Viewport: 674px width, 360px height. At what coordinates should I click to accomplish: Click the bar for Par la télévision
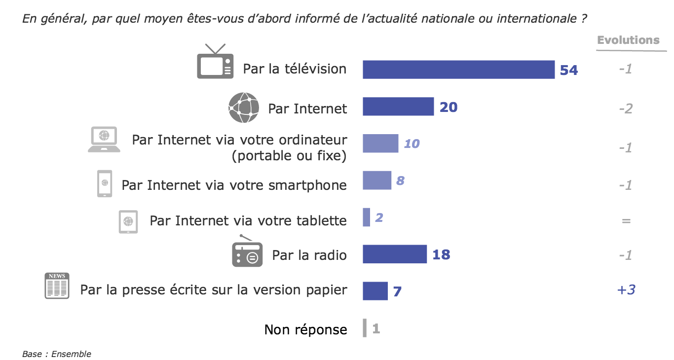click(458, 70)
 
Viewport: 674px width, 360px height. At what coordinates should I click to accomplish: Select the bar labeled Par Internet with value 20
click(398, 107)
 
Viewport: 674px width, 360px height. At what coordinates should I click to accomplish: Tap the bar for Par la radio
click(395, 254)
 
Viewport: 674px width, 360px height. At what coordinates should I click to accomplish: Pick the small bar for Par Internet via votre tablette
click(366, 217)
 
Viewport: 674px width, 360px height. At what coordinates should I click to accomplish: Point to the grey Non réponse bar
click(365, 328)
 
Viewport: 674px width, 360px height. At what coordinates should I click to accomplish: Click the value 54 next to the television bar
click(568, 71)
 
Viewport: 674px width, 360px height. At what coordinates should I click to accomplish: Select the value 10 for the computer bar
click(412, 144)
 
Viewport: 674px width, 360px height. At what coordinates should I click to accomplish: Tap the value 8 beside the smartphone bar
click(400, 180)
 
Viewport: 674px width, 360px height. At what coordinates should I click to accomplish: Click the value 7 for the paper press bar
click(397, 291)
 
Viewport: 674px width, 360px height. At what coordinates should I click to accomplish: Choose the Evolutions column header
click(628, 40)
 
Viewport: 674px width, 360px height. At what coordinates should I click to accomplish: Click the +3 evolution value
click(626, 289)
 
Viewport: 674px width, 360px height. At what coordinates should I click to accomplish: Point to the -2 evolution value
click(626, 108)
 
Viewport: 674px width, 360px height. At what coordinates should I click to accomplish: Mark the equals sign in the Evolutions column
click(626, 221)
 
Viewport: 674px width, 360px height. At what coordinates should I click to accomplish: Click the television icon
click(215, 62)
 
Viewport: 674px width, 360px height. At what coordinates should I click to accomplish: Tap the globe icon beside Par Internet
click(244, 108)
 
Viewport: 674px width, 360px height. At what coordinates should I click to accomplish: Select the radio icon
click(247, 252)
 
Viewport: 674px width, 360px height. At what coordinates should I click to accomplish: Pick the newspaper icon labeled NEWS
click(57, 286)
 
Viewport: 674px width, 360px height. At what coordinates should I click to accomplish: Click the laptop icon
click(104, 140)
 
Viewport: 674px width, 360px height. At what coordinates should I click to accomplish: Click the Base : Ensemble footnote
click(57, 354)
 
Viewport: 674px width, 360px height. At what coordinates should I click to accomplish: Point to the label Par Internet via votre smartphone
click(234, 185)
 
